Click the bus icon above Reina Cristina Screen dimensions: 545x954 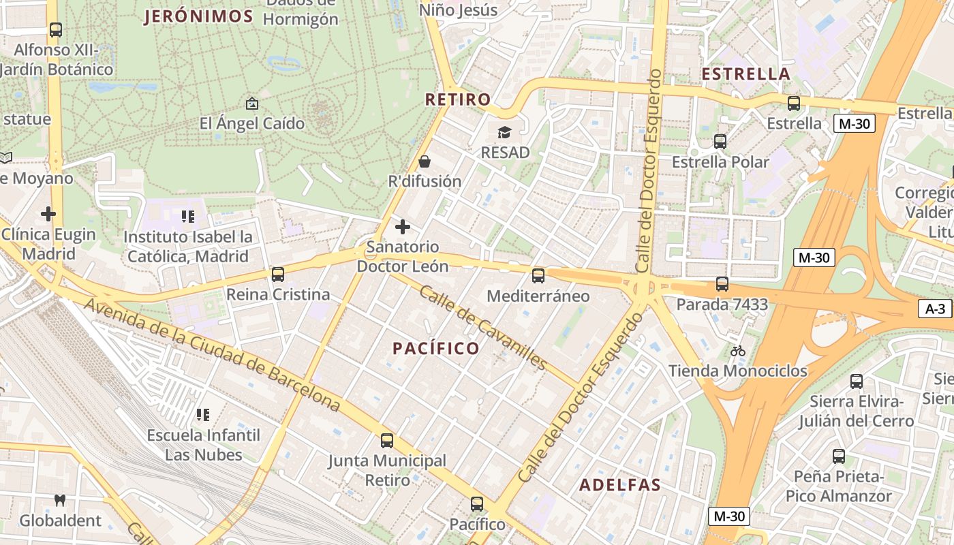coord(278,275)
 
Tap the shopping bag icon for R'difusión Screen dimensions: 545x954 coord(425,161)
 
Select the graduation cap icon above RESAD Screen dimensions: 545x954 coord(504,132)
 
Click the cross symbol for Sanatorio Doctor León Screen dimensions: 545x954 coord(403,226)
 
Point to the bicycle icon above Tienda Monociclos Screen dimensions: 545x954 coord(737,351)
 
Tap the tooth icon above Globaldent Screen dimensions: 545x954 coord(60,501)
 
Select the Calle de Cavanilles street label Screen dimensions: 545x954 coord(482,327)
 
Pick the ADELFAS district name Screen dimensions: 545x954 coord(620,485)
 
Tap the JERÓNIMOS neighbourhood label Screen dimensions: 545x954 coord(198,17)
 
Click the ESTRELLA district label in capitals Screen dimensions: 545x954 coord(745,74)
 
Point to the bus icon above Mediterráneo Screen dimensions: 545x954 coord(538,276)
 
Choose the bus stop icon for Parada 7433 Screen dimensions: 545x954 coord(722,284)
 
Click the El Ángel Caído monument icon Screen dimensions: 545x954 coord(251,104)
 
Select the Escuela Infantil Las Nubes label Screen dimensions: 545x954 coord(204,444)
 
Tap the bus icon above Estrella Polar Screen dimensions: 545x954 coord(720,142)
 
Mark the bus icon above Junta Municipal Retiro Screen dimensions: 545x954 coord(387,441)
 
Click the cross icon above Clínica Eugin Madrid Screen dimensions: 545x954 coord(48,214)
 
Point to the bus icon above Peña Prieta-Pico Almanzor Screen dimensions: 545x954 coord(838,456)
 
